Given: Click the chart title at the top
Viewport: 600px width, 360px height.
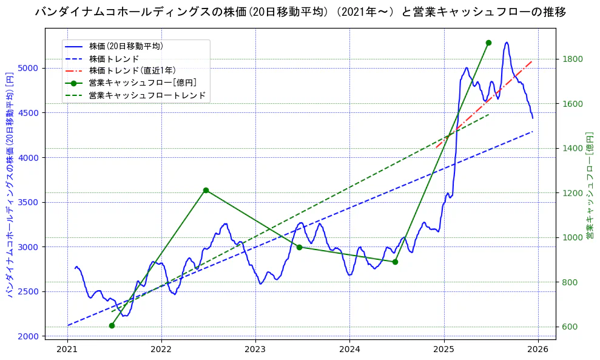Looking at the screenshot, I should click(300, 12).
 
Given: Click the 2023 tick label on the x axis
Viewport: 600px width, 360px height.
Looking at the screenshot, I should click(255, 350).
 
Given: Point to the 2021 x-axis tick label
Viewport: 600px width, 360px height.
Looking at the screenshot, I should click(67, 350).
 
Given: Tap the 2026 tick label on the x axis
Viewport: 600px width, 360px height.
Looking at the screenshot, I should click(538, 350).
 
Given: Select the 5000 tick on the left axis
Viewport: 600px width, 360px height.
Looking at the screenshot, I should click(30, 68).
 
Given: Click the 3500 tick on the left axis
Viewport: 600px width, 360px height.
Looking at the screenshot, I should click(30, 202).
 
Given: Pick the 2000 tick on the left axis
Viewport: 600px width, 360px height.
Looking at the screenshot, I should click(30, 336).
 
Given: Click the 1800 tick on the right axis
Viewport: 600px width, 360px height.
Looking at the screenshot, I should click(573, 59).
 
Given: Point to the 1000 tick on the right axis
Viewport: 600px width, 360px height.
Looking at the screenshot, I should click(573, 237).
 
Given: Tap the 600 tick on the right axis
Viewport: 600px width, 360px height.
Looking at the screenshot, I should click(571, 327).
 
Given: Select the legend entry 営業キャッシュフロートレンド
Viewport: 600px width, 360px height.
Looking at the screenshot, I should click(147, 95).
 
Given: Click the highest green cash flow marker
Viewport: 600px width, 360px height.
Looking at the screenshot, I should click(488, 42).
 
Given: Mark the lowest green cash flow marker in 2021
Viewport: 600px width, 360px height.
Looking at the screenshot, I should click(112, 325).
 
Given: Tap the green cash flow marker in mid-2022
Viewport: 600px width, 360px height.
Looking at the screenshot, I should click(206, 190).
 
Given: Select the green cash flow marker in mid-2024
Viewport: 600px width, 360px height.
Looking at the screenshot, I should click(395, 262).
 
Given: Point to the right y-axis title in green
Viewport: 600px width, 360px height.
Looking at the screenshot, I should click(590, 185).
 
